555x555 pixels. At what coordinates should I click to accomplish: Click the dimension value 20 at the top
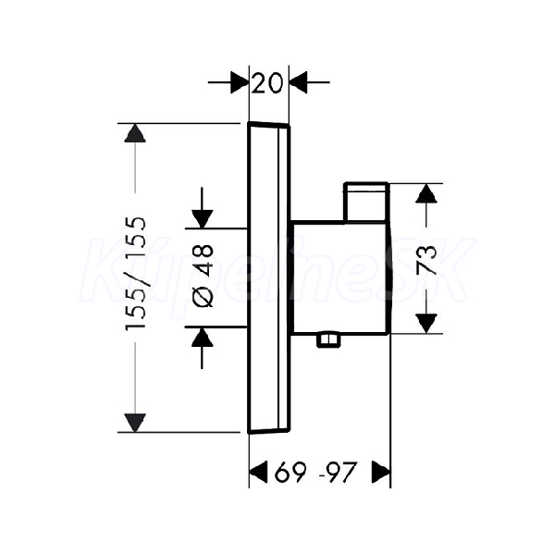(267, 83)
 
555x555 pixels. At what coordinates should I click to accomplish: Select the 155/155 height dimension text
(135, 274)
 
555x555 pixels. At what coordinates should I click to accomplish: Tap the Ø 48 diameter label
(203, 276)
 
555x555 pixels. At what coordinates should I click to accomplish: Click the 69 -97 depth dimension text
(315, 472)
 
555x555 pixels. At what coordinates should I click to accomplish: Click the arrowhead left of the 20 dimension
(240, 82)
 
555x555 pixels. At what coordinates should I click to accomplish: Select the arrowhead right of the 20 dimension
(299, 82)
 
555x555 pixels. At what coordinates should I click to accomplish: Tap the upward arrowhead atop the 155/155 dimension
(135, 133)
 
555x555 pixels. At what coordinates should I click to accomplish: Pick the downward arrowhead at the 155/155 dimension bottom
(135, 423)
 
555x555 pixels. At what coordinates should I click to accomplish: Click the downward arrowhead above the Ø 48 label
(202, 219)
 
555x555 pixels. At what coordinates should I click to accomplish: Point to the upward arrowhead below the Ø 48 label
(202, 337)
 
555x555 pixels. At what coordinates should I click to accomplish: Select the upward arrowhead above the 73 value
(426, 193)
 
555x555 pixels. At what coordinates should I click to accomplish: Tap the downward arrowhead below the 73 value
(426, 324)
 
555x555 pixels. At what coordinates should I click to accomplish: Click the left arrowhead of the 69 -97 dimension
(258, 472)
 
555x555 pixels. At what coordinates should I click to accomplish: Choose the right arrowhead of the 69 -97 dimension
(381, 472)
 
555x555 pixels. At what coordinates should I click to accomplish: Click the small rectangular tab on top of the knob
(366, 202)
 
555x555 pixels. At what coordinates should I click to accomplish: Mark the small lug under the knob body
(328, 339)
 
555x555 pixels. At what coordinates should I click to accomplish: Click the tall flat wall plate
(269, 277)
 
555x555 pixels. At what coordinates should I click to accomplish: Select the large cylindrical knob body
(339, 277)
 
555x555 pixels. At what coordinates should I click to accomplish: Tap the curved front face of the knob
(390, 277)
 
